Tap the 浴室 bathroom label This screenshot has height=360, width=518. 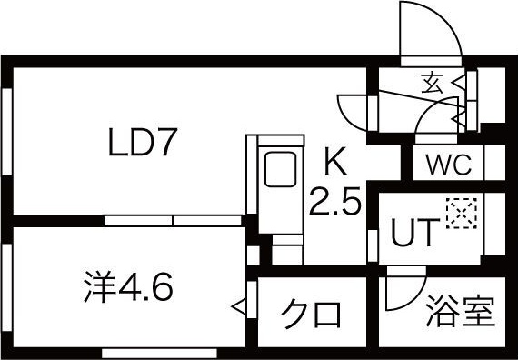coord(461,311)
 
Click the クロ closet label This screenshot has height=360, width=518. coord(311,314)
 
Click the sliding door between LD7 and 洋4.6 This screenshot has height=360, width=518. coord(173,220)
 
